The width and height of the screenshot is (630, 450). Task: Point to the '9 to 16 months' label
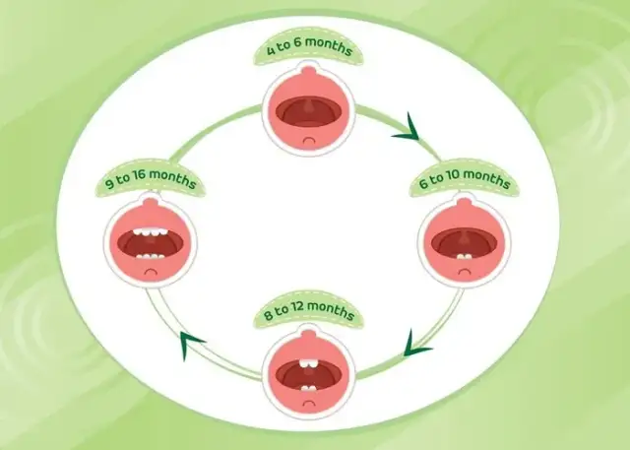[152, 183]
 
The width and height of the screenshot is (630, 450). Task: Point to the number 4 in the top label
[272, 50]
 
